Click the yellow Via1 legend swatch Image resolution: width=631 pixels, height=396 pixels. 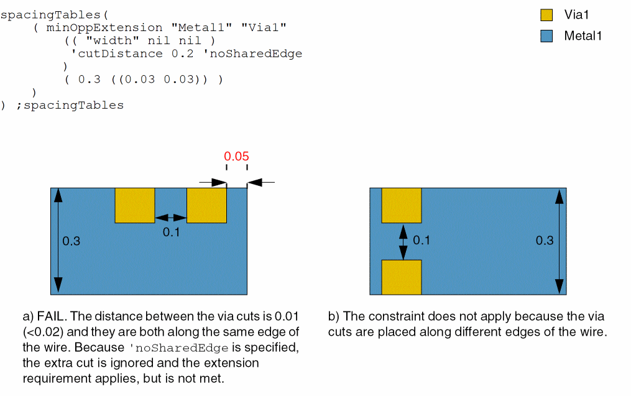[546, 15]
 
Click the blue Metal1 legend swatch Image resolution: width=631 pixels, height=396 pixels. [546, 36]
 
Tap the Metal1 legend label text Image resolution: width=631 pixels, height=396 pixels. [583, 36]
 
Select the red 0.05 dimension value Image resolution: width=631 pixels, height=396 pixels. [237, 156]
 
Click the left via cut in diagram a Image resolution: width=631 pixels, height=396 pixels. [134, 205]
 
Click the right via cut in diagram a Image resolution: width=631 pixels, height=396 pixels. [206, 205]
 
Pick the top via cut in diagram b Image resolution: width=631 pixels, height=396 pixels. [402, 205]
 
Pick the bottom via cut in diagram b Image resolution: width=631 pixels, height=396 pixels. [402, 277]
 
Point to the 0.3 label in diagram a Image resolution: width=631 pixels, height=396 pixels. [71, 241]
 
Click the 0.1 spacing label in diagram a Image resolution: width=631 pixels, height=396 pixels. [171, 232]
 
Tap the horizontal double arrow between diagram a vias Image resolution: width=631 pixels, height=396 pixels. [170, 218]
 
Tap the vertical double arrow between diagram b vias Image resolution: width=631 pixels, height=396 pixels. [403, 241]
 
